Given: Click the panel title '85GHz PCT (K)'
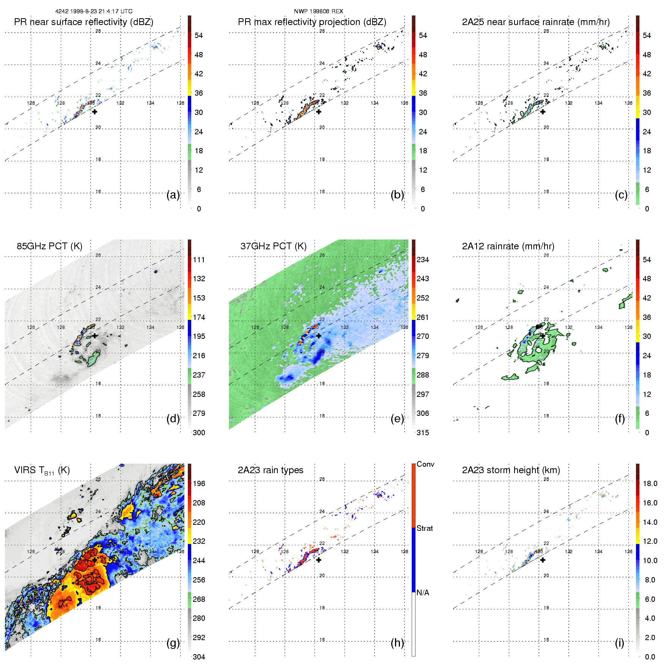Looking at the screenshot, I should pyautogui.click(x=49, y=246).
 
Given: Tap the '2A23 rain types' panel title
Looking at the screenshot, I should pyautogui.click(x=270, y=470).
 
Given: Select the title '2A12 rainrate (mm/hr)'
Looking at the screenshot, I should pyautogui.click(x=508, y=246).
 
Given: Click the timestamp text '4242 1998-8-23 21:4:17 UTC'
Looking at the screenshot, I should pyautogui.click(x=94, y=11).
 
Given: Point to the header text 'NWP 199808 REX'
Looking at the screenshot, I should pyautogui.click(x=318, y=11).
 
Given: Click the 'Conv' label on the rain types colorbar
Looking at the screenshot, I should pyautogui.click(x=425, y=464).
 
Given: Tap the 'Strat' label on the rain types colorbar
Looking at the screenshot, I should pyautogui.click(x=424, y=528).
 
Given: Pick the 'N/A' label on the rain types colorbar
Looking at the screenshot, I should pyautogui.click(x=423, y=593).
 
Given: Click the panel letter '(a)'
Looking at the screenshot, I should pyautogui.click(x=173, y=195).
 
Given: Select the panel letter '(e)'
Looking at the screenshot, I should pyautogui.click(x=397, y=419).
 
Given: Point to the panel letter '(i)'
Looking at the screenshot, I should pyautogui.click(x=619, y=643).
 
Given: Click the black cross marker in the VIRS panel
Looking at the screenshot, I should pyautogui.click(x=94, y=560).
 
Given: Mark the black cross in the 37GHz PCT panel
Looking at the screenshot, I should pyautogui.click(x=319, y=336).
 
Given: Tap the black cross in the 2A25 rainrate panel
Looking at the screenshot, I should pyautogui.click(x=543, y=112).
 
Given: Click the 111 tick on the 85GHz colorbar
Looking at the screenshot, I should pyautogui.click(x=198, y=260).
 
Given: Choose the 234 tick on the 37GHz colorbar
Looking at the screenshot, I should pyautogui.click(x=422, y=260).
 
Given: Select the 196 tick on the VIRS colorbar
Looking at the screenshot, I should pyautogui.click(x=198, y=483).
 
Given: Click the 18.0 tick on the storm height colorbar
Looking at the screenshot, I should pyautogui.click(x=650, y=483).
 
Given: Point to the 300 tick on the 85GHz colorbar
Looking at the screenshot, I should pyautogui.click(x=198, y=433).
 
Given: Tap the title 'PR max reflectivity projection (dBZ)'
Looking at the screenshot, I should pyautogui.click(x=312, y=22).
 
